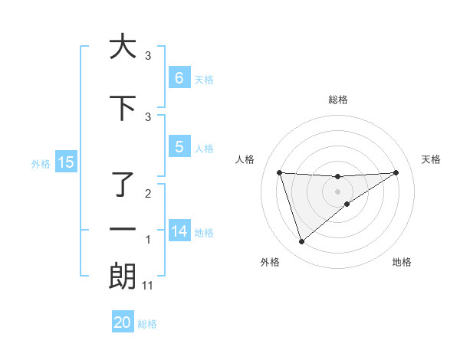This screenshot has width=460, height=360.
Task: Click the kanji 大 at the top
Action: click(123, 47)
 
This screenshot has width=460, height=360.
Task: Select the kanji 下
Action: click(123, 108)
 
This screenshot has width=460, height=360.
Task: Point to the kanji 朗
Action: click(123, 277)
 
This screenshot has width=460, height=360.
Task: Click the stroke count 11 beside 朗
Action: click(148, 286)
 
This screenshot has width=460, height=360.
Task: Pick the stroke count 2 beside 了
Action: click(148, 194)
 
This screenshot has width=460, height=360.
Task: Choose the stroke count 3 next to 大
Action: click(148, 56)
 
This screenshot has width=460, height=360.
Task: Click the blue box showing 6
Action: click(179, 78)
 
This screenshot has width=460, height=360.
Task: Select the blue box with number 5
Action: click(179, 147)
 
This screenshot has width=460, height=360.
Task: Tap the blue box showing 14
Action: click(179, 231)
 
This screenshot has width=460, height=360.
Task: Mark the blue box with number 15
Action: click(65, 162)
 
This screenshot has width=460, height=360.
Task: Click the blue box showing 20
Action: click(123, 322)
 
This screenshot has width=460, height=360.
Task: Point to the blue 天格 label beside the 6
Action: click(204, 80)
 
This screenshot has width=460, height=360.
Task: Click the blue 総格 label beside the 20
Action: click(148, 324)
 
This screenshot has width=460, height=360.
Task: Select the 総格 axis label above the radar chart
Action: click(337, 100)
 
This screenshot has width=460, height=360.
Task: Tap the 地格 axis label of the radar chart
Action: click(402, 262)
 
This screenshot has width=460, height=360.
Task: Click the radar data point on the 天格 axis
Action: click(396, 172)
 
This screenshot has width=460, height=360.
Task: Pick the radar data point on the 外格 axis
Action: click(301, 242)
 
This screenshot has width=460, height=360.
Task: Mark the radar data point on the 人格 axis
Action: click(279, 172)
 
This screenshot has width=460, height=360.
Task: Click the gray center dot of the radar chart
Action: click(337, 191)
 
